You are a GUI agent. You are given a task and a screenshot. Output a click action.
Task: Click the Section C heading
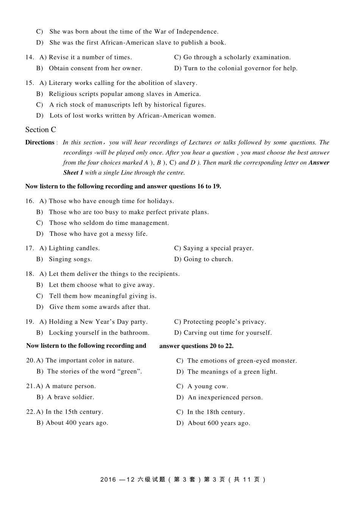click(x=41, y=130)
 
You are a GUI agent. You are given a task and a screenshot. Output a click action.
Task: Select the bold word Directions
click(x=40, y=143)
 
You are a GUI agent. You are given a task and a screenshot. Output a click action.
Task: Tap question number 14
click(x=30, y=57)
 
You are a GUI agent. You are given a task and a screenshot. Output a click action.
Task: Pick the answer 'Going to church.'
click(x=208, y=259)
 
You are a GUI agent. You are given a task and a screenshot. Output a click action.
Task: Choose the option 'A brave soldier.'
click(x=70, y=397)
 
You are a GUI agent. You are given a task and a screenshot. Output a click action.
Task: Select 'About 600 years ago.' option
click(x=219, y=423)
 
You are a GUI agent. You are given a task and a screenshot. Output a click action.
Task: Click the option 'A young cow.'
click(x=208, y=386)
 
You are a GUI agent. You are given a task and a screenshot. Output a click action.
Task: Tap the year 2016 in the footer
click(x=108, y=480)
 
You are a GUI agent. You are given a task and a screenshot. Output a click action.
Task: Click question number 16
click(x=30, y=201)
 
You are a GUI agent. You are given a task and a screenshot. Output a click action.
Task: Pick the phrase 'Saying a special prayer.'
click(x=218, y=248)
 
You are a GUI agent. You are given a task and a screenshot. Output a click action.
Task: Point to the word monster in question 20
click(x=283, y=361)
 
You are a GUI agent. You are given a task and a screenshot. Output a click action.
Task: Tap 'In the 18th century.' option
click(x=216, y=412)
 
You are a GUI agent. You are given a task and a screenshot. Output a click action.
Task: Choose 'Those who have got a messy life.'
click(x=99, y=234)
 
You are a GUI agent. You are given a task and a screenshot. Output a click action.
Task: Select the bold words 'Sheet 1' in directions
click(x=73, y=173)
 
